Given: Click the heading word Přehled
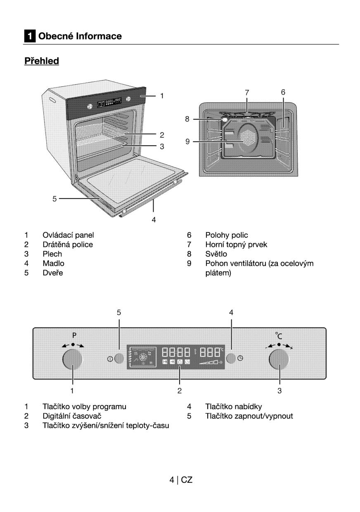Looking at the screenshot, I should (42, 61).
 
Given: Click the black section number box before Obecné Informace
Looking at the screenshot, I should (29, 36).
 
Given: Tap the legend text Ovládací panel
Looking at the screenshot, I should (68, 235).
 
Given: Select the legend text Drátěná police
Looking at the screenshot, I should (68, 244).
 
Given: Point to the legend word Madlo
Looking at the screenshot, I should (53, 263).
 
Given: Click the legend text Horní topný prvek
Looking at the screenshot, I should (236, 244).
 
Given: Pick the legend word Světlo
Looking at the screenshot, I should (216, 254).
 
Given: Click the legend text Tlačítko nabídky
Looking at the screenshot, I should (233, 406).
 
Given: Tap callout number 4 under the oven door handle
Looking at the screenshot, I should (154, 220).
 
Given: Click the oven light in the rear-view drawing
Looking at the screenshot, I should (225, 120).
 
